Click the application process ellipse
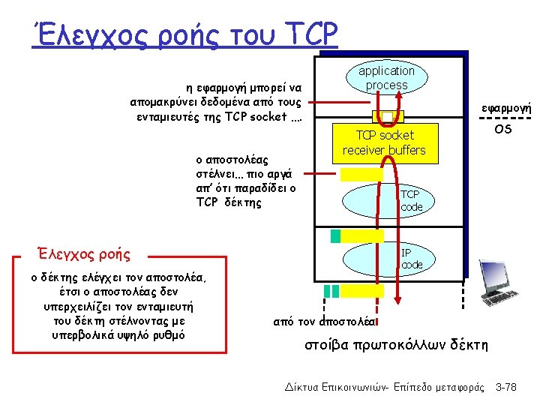(386, 78)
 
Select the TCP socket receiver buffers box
(384, 142)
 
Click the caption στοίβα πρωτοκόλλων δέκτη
(396, 345)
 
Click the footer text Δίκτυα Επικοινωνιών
(329, 387)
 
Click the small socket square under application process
(388, 117)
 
